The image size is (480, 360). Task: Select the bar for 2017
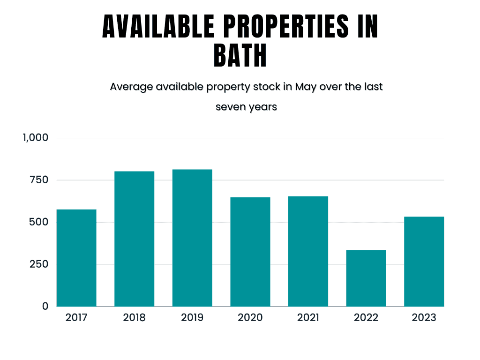coord(76,258)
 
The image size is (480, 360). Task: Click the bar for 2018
coord(135,239)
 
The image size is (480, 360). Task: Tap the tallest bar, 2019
coord(192,238)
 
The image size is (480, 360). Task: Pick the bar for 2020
coord(250,252)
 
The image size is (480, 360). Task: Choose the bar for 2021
coord(308,251)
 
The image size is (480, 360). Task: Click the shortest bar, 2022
coord(366,278)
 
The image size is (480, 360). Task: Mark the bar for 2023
coord(424,261)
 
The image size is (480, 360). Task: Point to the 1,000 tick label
coord(35,138)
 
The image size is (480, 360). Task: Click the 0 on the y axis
coord(45,306)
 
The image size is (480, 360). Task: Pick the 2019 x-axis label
coord(192,318)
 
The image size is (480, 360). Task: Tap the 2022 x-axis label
coord(366,318)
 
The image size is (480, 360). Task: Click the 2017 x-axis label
coord(76,318)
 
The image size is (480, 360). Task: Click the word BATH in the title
coord(240,56)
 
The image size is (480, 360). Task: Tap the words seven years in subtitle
coord(246,107)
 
